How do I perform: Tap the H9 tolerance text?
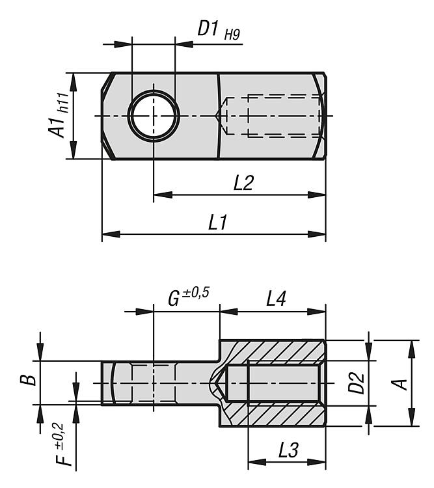pos(232,34)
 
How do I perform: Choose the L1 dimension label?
pos(217,223)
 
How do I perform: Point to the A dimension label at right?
pos(402,383)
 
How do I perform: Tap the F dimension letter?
pos(62,458)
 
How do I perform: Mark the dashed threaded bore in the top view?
pos(273,116)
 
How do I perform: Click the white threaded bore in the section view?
pos(283,383)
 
